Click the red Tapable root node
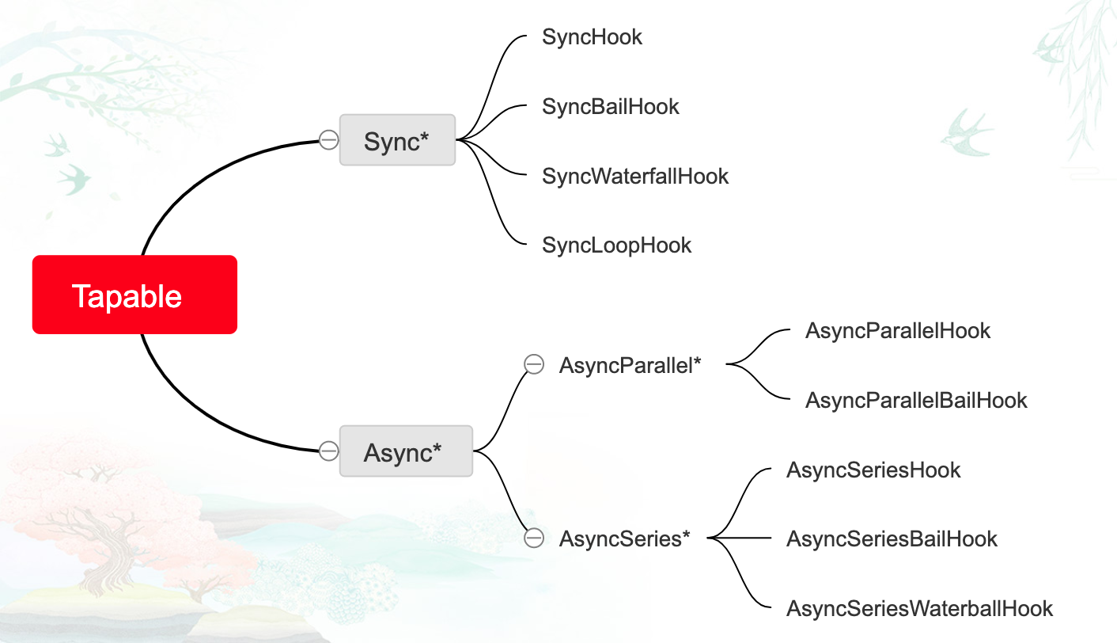point(134,295)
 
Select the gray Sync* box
point(397,140)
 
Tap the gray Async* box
point(405,451)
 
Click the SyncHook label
point(592,36)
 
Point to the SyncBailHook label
point(610,106)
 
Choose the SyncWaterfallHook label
point(634,176)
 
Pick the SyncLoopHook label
point(616,245)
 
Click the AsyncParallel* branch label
point(630,365)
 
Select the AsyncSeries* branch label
point(624,538)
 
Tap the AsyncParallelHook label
point(897,330)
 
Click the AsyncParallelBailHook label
point(915,400)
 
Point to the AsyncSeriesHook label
point(873,470)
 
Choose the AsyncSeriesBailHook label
point(892,539)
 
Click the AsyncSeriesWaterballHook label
point(919,608)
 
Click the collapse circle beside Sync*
point(329,140)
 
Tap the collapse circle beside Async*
point(329,451)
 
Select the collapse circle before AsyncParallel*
point(535,365)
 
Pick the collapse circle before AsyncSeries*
point(535,538)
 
